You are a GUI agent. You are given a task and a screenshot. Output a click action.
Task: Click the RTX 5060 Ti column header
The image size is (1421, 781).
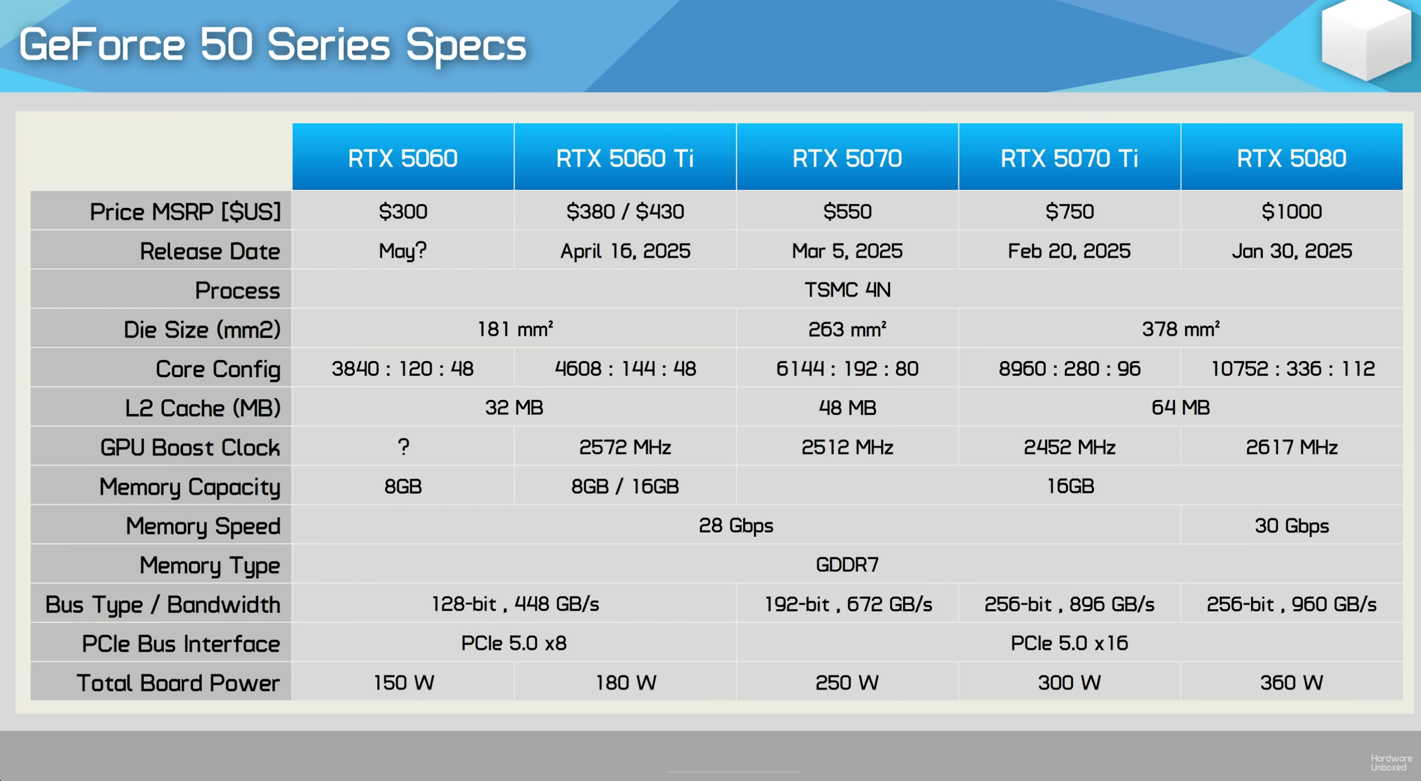click(625, 158)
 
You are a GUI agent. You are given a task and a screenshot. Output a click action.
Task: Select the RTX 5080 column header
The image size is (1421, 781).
click(1291, 158)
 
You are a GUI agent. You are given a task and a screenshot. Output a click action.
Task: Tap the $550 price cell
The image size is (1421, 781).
click(847, 211)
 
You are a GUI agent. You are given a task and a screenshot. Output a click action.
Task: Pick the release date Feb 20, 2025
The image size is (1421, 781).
click(1069, 251)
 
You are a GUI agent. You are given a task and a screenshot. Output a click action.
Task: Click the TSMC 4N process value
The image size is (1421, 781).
click(847, 290)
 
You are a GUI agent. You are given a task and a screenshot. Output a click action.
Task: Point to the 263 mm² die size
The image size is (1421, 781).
click(847, 329)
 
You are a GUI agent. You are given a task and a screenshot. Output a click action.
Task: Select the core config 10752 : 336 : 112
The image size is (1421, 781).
click(1292, 368)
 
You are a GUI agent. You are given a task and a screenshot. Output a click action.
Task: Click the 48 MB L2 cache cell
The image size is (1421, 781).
click(847, 408)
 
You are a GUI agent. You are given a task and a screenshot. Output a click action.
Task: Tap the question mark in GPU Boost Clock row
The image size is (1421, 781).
click(403, 447)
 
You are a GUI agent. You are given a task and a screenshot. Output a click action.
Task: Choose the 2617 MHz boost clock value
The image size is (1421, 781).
click(1291, 447)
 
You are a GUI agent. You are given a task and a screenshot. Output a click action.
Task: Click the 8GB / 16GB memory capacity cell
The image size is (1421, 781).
click(625, 487)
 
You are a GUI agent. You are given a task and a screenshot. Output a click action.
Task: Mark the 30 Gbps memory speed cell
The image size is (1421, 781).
click(1291, 526)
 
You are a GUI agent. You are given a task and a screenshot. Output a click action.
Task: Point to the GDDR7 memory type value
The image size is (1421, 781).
click(847, 565)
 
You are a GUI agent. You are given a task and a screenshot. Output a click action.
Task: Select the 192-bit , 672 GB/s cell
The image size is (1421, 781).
click(848, 604)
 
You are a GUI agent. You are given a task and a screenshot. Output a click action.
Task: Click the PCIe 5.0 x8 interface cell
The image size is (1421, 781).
click(514, 643)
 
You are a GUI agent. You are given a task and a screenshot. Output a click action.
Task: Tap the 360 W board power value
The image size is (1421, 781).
click(1291, 683)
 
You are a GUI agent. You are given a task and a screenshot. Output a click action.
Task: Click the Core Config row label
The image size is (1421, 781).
click(218, 369)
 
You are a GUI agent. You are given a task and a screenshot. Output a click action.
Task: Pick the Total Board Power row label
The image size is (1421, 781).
click(178, 683)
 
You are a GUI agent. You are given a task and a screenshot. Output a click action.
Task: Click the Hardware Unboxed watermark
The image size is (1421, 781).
click(1391, 763)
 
